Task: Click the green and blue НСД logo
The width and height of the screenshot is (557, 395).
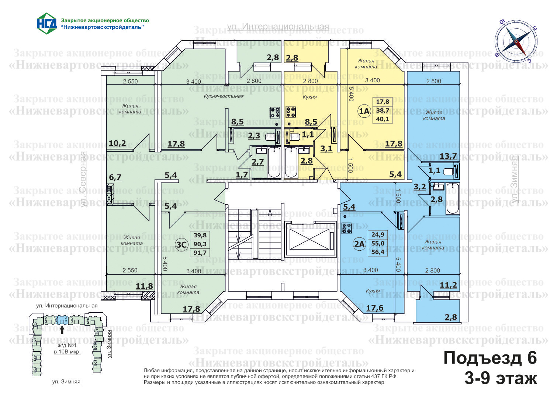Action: [x=46, y=23]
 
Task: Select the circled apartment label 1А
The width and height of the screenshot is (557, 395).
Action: [x=364, y=111]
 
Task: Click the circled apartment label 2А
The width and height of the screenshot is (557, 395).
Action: [x=359, y=244]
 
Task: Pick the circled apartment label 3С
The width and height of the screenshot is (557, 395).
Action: [x=181, y=244]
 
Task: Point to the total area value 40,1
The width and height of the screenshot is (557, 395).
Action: [x=383, y=119]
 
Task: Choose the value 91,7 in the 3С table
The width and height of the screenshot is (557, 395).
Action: [x=200, y=253]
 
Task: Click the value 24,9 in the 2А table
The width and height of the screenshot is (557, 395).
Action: [x=378, y=235]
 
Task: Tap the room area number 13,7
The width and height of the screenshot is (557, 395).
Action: [x=448, y=156]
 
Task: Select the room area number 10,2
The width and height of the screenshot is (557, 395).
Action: [x=117, y=143]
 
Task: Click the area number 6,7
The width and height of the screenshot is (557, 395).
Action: [x=115, y=177]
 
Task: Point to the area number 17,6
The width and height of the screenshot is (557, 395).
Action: [x=375, y=308]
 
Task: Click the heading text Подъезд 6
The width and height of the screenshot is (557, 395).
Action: [x=490, y=358]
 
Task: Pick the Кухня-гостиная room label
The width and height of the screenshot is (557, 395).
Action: [x=224, y=96]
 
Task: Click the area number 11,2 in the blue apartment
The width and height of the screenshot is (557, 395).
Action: [x=448, y=285]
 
